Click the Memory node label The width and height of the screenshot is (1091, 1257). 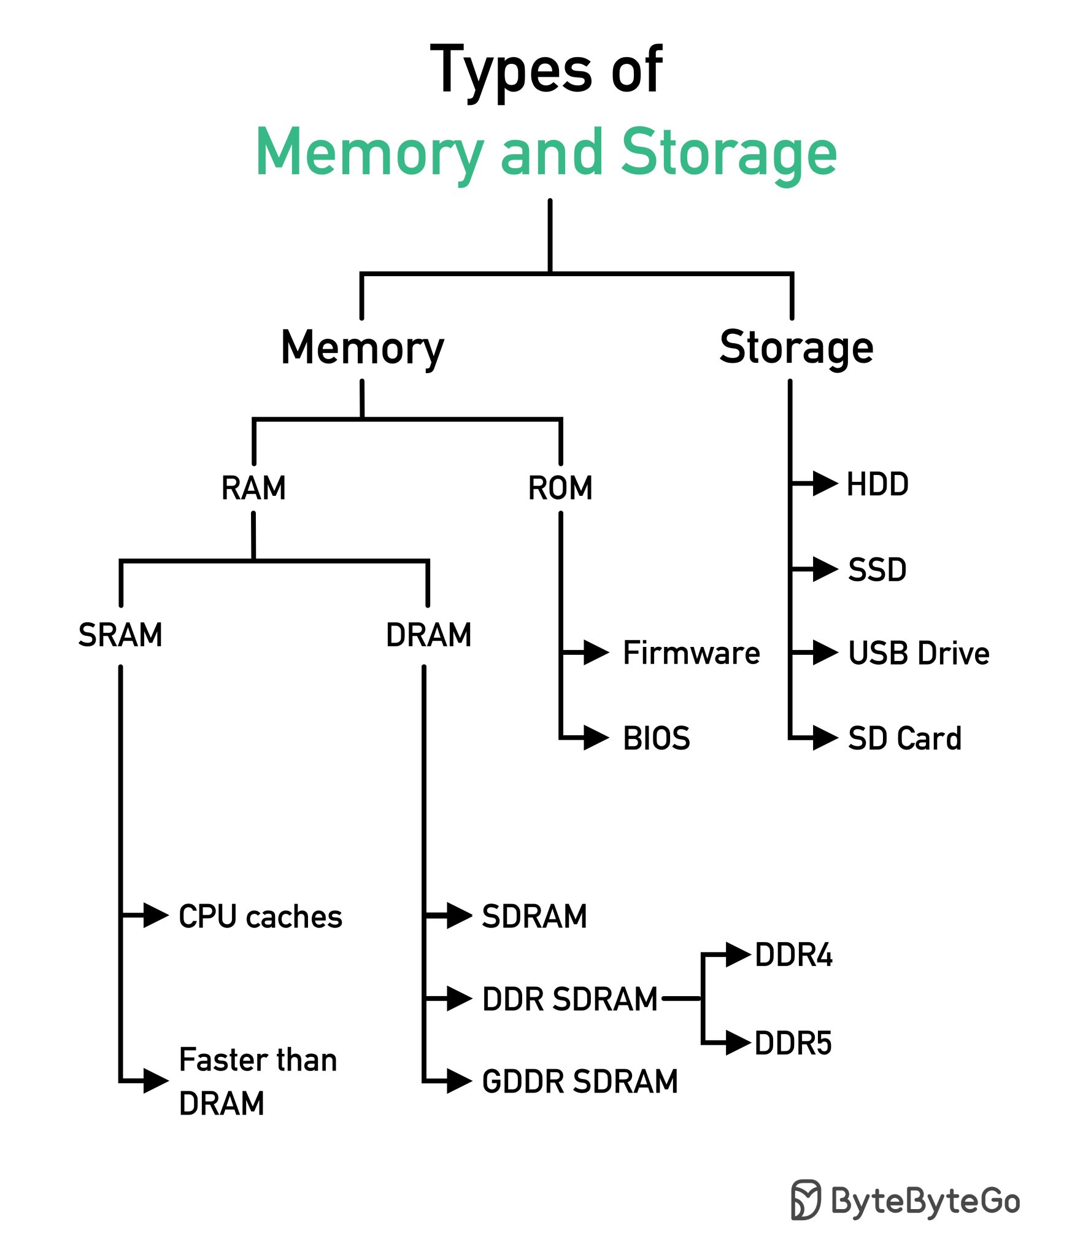pyautogui.click(x=362, y=348)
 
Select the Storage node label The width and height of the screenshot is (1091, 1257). pyautogui.click(x=796, y=348)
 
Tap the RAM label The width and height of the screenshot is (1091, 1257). pyautogui.click(x=253, y=489)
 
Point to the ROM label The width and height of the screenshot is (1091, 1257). pyautogui.click(x=560, y=489)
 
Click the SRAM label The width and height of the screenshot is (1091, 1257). pyautogui.click(x=120, y=635)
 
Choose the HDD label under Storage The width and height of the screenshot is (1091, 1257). pyautogui.click(x=877, y=484)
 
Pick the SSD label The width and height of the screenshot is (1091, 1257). pyautogui.click(x=877, y=570)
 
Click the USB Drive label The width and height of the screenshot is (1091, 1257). pyautogui.click(x=919, y=653)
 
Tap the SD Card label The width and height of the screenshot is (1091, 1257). pyautogui.click(x=904, y=738)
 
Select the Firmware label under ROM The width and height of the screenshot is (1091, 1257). pyautogui.click(x=692, y=652)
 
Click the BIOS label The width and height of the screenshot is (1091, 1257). pyautogui.click(x=657, y=738)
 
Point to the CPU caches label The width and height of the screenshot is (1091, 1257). pyautogui.click(x=260, y=917)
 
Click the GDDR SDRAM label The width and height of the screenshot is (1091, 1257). pyautogui.click(x=580, y=1081)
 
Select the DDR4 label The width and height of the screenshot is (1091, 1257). pyautogui.click(x=793, y=956)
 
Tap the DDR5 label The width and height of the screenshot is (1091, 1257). pyautogui.click(x=793, y=1044)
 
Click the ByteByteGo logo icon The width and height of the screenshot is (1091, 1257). pyautogui.click(x=806, y=1199)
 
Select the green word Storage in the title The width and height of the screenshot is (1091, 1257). pyautogui.click(x=728, y=152)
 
